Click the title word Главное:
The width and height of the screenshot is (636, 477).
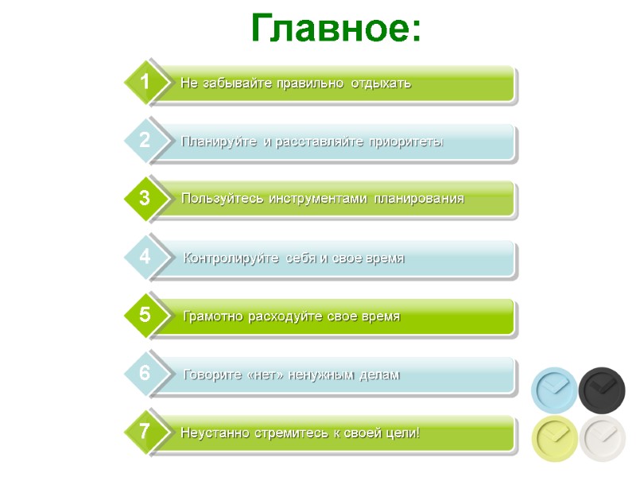click(335, 29)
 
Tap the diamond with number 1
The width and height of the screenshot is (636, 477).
click(145, 82)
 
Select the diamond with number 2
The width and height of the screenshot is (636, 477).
click(145, 141)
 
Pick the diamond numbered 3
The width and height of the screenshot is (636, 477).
click(145, 199)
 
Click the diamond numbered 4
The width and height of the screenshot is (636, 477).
click(145, 257)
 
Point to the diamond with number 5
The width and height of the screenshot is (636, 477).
click(145, 315)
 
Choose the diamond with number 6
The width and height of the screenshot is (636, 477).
click(145, 373)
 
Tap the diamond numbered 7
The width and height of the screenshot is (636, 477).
click(145, 432)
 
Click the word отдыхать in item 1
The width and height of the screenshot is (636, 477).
click(381, 83)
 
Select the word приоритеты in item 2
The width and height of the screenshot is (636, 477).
click(404, 142)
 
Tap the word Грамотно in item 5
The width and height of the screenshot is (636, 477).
click(213, 316)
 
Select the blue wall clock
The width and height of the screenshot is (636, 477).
click(554, 390)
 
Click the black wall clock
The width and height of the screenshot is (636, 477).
click(602, 390)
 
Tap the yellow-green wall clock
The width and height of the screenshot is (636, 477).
click(554, 437)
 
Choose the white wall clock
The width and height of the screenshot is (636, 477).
click(602, 437)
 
